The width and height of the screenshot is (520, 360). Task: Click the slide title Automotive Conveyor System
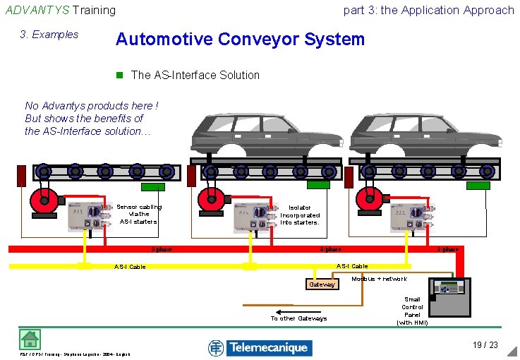[x=240, y=39]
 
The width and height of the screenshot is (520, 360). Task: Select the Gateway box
[x=321, y=284]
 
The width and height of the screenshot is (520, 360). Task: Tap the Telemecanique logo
[x=260, y=347]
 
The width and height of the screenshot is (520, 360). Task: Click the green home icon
[x=30, y=340]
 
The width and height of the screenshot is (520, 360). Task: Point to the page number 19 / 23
[x=485, y=345]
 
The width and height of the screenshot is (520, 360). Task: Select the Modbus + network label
[x=380, y=279]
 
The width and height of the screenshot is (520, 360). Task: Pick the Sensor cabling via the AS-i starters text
[x=138, y=214]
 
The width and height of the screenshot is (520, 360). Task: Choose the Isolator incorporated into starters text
[x=300, y=215]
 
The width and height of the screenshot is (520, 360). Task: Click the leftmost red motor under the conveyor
[x=44, y=199]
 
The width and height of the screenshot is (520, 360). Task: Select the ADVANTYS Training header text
[x=60, y=10]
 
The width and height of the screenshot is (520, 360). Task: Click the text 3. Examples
[x=49, y=35]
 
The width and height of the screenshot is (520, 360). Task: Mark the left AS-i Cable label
[x=130, y=267]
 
